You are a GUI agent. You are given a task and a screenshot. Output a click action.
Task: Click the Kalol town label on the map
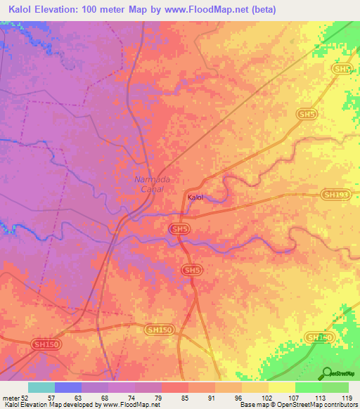pos(195,197)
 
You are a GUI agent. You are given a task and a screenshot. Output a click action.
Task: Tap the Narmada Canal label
pos(148,184)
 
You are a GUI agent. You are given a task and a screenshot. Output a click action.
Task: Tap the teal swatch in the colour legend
pos(41,387)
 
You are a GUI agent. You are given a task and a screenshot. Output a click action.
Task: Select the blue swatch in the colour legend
pos(68,387)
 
